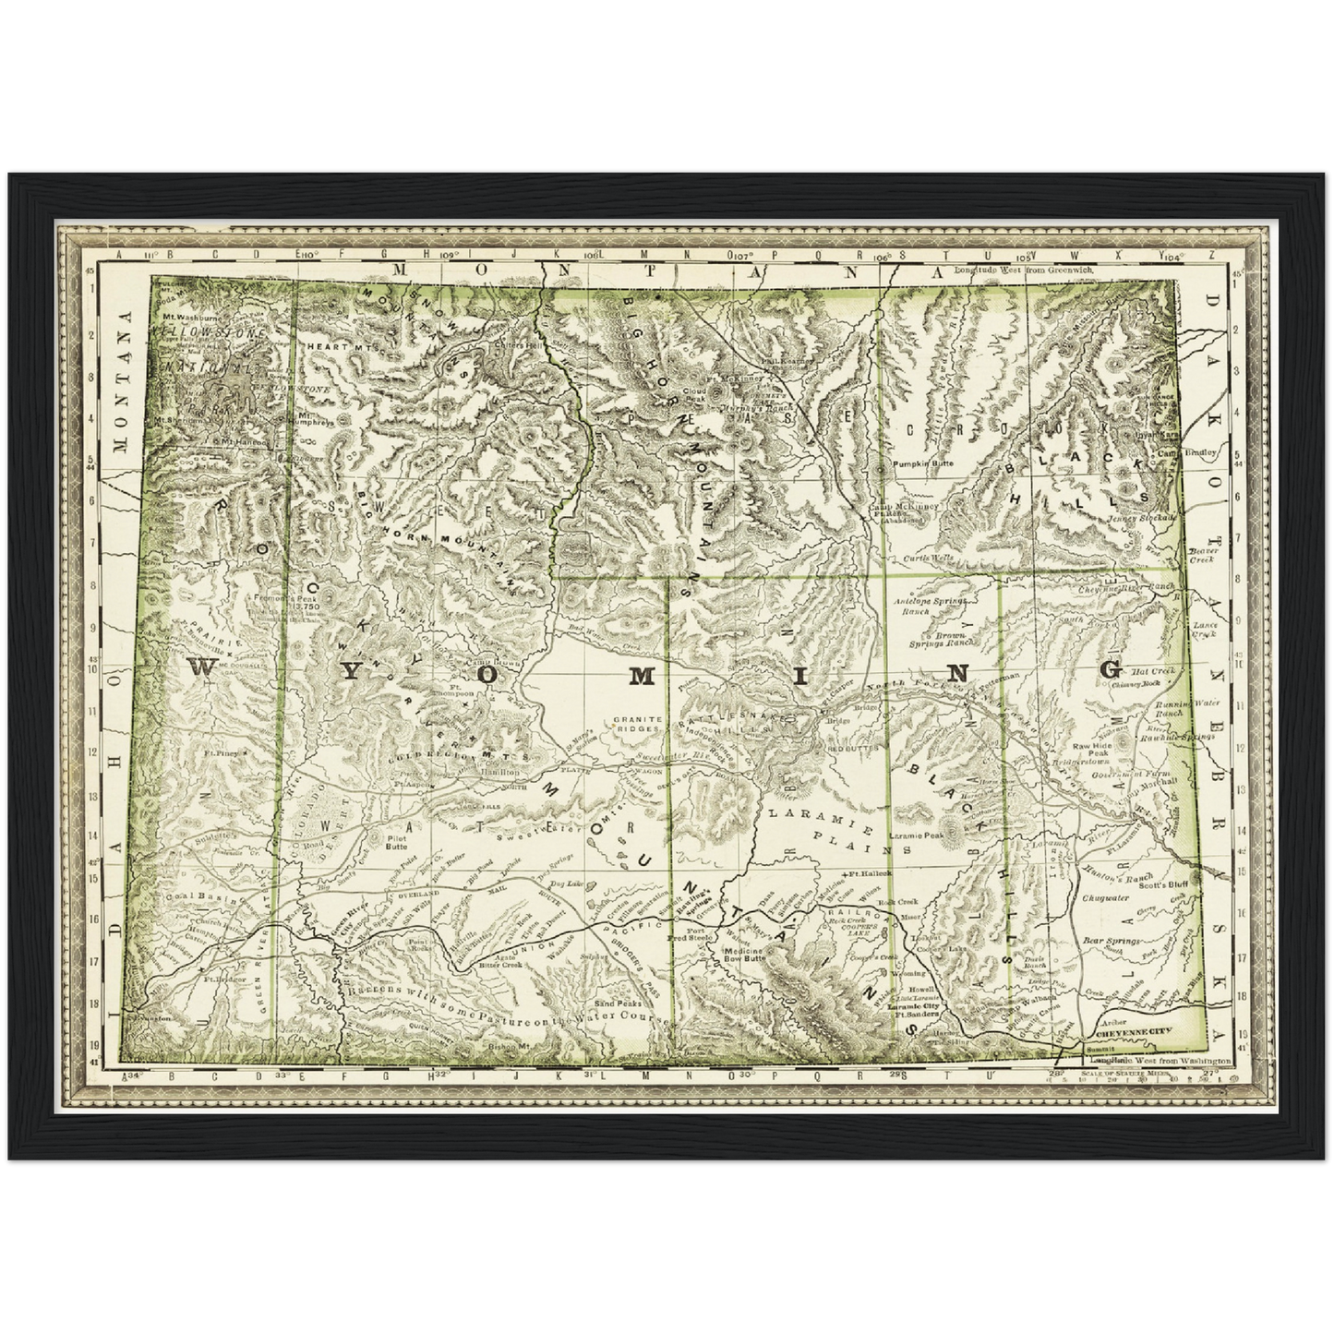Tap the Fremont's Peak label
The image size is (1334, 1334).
pyautogui.click(x=282, y=600)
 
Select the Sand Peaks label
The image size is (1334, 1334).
pyautogui.click(x=618, y=1003)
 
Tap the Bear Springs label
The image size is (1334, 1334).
pyautogui.click(x=1106, y=941)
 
